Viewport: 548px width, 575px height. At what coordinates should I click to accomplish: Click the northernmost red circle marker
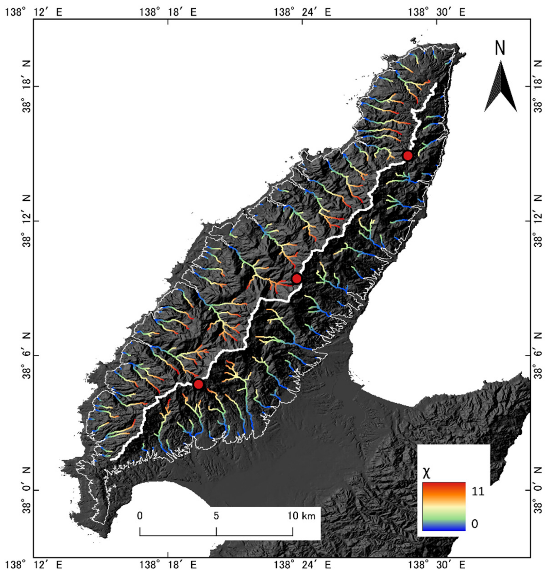point(407,156)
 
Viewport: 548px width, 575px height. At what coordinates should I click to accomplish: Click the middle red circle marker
point(296,279)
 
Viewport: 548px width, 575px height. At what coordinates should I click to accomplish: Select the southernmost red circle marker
point(198,384)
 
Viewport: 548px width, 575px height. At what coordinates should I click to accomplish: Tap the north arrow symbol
point(500,86)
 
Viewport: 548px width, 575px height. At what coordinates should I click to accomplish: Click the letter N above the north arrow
point(500,49)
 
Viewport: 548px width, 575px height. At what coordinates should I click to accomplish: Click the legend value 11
point(478,491)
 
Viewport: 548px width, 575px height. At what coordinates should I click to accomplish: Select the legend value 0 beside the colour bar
point(475,524)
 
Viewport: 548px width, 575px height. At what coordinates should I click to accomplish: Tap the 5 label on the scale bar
point(216,516)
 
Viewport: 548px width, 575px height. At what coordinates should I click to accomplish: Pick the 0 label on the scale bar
point(140,516)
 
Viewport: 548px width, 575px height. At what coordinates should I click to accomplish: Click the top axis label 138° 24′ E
point(302,12)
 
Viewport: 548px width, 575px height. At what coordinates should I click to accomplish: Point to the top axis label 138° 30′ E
point(436,12)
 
